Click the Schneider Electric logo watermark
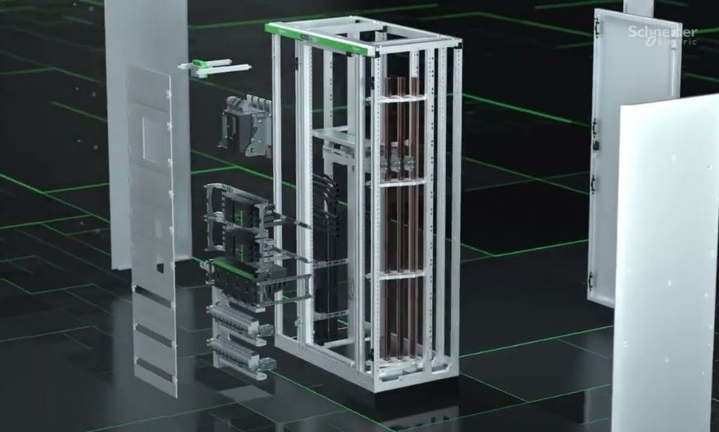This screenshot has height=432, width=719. pos(663,35)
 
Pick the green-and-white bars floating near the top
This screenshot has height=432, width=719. pos(215,67)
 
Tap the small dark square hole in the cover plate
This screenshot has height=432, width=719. pos(159,268)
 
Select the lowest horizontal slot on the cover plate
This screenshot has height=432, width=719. pos(156,370)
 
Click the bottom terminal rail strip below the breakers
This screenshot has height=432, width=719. pos(242,354)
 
